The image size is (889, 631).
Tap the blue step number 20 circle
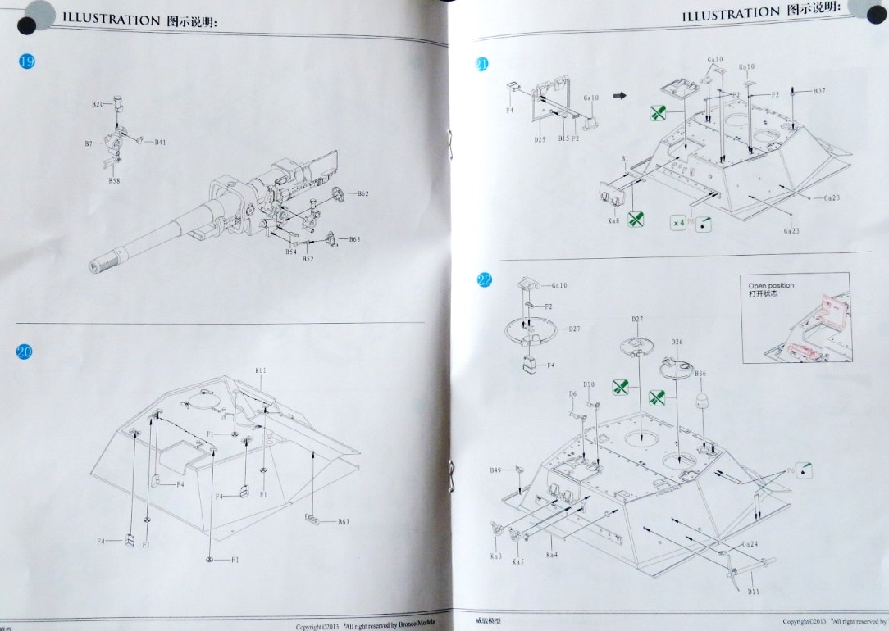[25, 352]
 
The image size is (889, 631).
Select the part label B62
[363, 194]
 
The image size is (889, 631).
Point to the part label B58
[114, 180]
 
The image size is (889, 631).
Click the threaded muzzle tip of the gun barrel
[102, 265]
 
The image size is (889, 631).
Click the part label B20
[98, 104]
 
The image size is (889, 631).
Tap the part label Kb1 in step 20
[261, 370]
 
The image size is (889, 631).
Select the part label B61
[344, 521]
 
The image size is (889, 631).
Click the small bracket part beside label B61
[312, 519]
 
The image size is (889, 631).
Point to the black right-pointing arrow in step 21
[618, 96]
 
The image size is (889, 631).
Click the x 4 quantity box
[678, 222]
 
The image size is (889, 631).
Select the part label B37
[819, 90]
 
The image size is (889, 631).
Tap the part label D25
[540, 139]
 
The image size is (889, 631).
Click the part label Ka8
[613, 221]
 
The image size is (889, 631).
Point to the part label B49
[495, 470]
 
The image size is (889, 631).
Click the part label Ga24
[750, 544]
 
